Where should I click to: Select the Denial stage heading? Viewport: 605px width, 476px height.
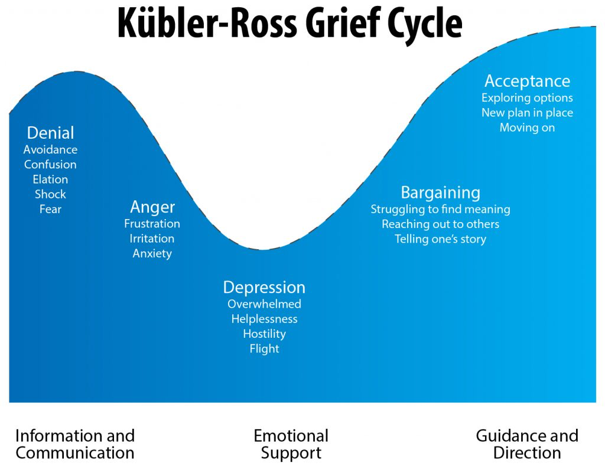(51, 133)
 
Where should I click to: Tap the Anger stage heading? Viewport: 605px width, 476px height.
(152, 207)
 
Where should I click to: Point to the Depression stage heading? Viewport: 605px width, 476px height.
(264, 288)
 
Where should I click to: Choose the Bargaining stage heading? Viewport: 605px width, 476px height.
(440, 193)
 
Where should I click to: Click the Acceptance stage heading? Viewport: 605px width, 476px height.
(527, 81)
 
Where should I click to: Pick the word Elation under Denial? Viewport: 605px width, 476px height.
(50, 180)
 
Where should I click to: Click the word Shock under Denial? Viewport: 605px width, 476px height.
(50, 194)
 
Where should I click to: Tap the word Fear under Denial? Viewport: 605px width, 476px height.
(50, 209)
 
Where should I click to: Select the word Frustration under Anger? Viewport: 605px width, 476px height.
(152, 224)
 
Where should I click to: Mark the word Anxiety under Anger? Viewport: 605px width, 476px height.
(152, 253)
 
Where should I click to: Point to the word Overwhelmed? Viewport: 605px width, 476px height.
(264, 304)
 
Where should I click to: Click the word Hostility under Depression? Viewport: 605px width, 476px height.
(264, 334)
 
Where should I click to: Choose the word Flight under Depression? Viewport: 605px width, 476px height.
(264, 348)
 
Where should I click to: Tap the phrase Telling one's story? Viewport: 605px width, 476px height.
(440, 239)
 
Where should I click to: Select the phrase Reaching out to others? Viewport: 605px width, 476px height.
(440, 224)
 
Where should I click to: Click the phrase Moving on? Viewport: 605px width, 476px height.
(527, 128)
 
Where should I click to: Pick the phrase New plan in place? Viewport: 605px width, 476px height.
(527, 113)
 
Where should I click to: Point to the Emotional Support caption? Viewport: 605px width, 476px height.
(291, 445)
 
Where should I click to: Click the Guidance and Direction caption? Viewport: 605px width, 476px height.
(527, 445)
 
